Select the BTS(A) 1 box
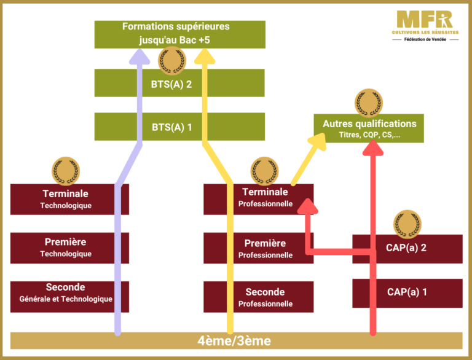click(x=172, y=127)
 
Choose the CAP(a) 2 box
click(x=407, y=248)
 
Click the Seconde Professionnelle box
click(x=265, y=297)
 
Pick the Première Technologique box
click(x=66, y=248)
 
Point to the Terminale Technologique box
click(x=66, y=199)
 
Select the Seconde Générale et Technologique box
click(x=66, y=292)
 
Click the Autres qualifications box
click(x=369, y=128)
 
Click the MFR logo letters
click(x=424, y=18)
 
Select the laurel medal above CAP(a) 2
click(x=406, y=222)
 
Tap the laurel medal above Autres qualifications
click(x=368, y=102)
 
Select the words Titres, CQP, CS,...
click(x=369, y=135)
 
